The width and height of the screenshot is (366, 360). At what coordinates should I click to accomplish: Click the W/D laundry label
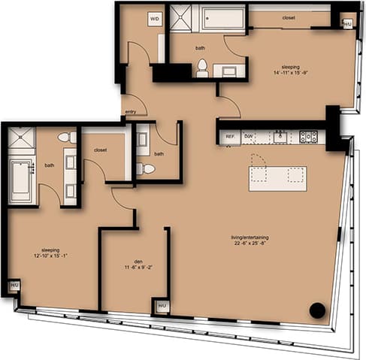tap(156, 18)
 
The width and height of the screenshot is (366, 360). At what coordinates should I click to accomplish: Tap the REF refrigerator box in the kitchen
tap(228, 138)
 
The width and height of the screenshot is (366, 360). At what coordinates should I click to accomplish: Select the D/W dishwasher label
tap(249, 137)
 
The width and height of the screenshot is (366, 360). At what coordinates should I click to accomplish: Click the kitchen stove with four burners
tap(308, 137)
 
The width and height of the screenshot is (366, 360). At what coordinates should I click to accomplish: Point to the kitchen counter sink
tap(280, 137)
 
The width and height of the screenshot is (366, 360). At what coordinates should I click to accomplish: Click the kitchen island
tap(277, 178)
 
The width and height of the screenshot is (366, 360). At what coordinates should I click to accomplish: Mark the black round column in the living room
tap(317, 310)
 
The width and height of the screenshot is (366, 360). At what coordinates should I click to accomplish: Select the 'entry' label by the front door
tap(131, 112)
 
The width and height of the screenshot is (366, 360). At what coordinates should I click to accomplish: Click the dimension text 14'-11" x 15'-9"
tap(289, 73)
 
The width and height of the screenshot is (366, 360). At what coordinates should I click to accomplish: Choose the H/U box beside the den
tap(162, 306)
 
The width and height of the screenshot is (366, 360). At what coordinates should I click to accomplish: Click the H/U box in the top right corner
tap(346, 23)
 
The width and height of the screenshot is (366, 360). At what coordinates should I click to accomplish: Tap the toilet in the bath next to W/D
tap(201, 68)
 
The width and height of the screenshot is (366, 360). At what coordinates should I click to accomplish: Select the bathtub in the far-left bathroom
tap(21, 180)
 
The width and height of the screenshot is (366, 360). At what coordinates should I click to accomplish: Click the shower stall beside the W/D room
tap(180, 18)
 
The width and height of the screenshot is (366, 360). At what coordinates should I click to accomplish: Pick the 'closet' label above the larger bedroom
tap(289, 17)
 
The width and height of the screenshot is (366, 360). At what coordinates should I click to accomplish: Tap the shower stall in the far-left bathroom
tap(21, 139)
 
